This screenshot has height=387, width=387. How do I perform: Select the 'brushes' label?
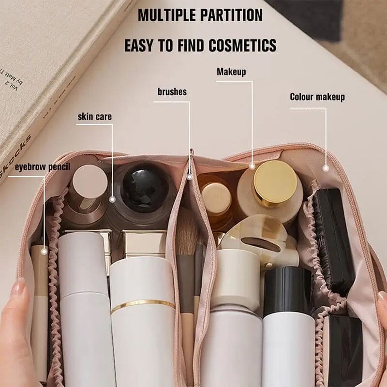tap(172, 91)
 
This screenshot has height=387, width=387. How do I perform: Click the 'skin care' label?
tap(95, 116)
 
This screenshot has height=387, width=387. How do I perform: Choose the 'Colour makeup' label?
tap(317, 97)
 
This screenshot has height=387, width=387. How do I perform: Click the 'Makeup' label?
tap(231, 72)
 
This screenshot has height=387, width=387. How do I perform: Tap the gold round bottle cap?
tap(275, 183)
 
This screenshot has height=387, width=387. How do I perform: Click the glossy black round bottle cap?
tap(145, 188)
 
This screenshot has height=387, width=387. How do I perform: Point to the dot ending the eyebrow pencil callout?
tap(45, 251)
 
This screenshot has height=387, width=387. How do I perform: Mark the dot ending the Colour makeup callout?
tap(326, 168)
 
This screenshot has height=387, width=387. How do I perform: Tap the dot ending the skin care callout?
tap(113, 199)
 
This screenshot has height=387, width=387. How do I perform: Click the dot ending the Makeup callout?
tap(252, 166)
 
